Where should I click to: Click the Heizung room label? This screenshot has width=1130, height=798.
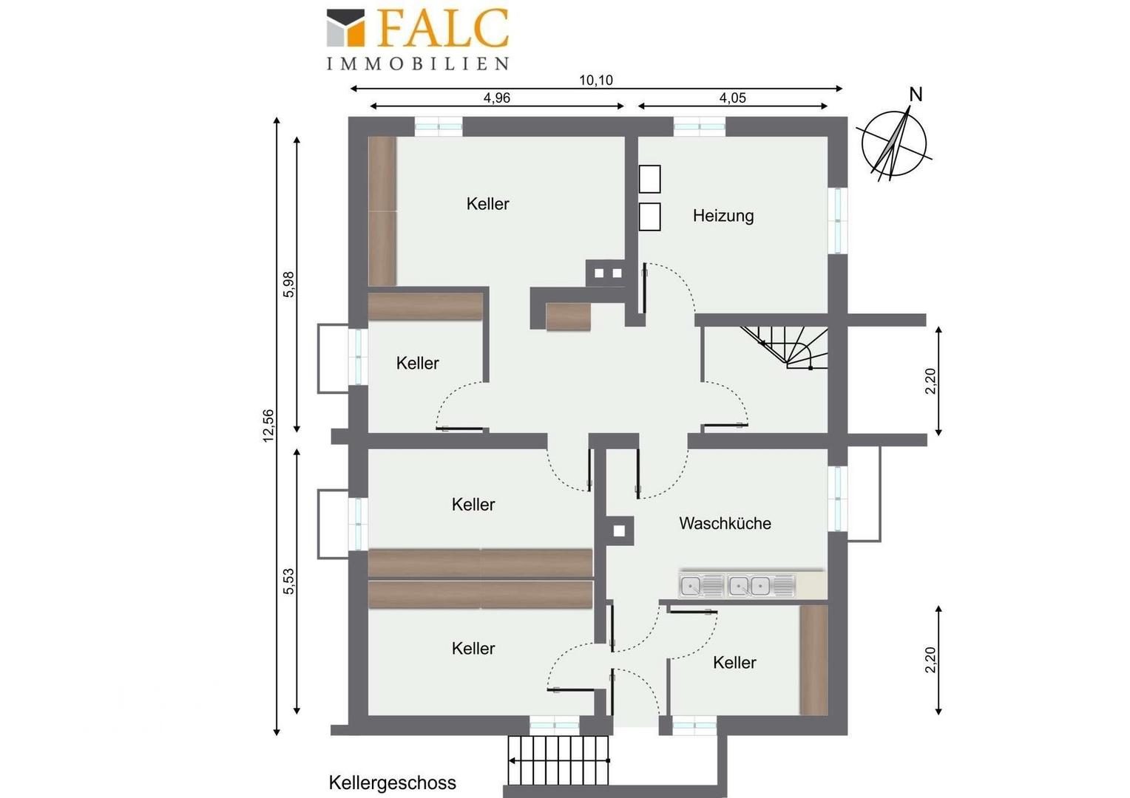pyautogui.click(x=723, y=216)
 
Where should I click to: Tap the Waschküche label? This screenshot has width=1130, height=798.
pyautogui.click(x=725, y=523)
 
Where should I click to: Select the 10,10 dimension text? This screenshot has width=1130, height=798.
pyautogui.click(x=596, y=80)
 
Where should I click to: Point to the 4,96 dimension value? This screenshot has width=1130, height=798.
pyautogui.click(x=497, y=98)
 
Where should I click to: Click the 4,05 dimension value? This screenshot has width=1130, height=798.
pyautogui.click(x=732, y=98)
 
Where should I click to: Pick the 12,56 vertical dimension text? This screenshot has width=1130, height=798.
pyautogui.click(x=268, y=426)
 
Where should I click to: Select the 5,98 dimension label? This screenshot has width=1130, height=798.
pyautogui.click(x=288, y=284)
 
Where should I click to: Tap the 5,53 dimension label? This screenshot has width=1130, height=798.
pyautogui.click(x=288, y=582)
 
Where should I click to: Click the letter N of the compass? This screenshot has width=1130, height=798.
pyautogui.click(x=916, y=95)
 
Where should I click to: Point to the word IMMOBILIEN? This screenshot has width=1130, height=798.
pyautogui.click(x=418, y=64)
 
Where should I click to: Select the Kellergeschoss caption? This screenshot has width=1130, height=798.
pyautogui.click(x=393, y=783)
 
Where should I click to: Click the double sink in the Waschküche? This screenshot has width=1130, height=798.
pyautogui.click(x=737, y=586)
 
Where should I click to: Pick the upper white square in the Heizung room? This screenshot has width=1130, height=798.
pyautogui.click(x=650, y=179)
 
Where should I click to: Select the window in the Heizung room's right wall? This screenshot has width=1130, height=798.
pyautogui.click(x=838, y=220)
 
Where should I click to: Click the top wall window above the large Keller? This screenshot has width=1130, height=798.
pyautogui.click(x=439, y=126)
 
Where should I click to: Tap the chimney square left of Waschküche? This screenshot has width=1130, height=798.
pyautogui.click(x=619, y=531)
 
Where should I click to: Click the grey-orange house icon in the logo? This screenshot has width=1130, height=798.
pyautogui.click(x=345, y=28)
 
